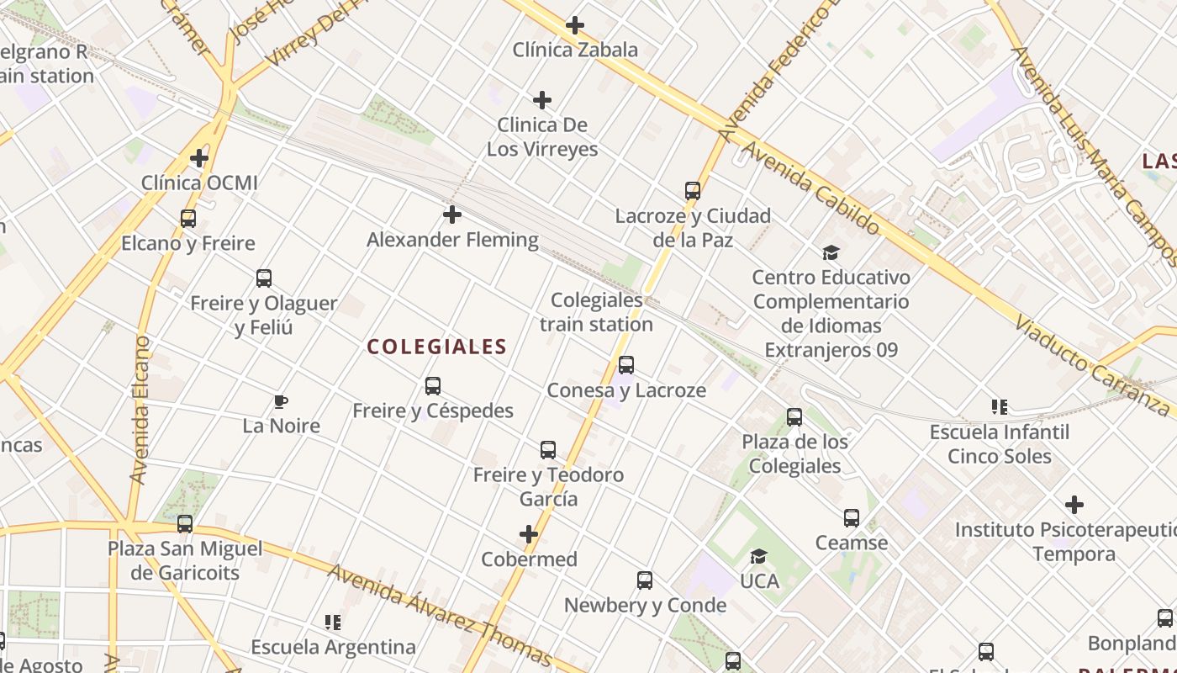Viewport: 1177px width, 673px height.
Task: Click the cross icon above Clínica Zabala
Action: [x=575, y=25]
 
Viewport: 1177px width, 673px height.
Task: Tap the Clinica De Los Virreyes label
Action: [x=542, y=137]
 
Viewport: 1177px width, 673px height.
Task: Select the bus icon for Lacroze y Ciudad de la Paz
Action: [x=693, y=191]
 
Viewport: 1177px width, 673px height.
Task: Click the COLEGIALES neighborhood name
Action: [x=437, y=347]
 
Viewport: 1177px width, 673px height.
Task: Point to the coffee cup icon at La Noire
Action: [x=281, y=401]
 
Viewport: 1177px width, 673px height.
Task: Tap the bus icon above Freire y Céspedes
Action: [x=433, y=386]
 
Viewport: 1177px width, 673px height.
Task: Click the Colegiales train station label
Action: [x=596, y=312]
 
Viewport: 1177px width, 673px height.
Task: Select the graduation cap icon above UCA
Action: [x=759, y=556]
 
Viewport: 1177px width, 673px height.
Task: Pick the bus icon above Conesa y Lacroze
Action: [x=626, y=365]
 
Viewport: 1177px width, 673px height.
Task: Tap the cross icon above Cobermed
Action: [x=529, y=534]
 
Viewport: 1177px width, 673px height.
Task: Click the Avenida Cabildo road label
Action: [x=810, y=188]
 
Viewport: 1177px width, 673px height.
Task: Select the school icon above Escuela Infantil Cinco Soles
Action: [x=1000, y=407]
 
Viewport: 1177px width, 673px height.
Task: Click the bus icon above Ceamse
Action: [x=852, y=518]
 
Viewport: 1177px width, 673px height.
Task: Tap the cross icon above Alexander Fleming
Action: [x=452, y=215]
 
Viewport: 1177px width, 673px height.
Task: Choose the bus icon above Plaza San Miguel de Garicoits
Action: [x=185, y=524]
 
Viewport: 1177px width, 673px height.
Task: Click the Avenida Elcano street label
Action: [x=140, y=410]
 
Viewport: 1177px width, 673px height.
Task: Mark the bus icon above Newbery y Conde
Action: [x=645, y=580]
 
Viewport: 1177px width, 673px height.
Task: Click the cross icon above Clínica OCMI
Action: [x=199, y=157]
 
